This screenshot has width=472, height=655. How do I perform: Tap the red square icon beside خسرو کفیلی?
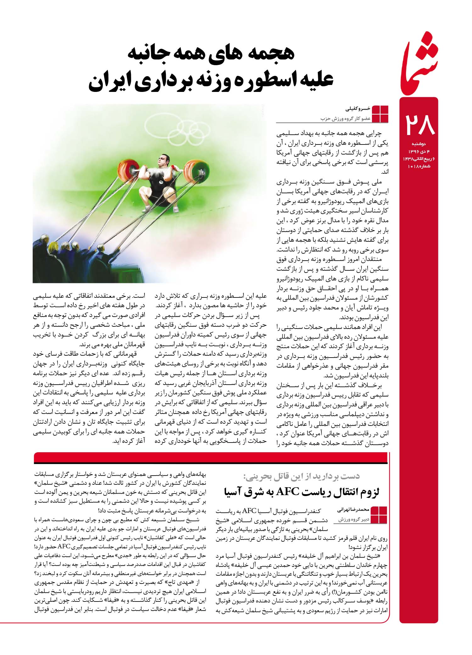(380, 114)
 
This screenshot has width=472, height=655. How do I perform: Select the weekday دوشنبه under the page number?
(418, 144)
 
